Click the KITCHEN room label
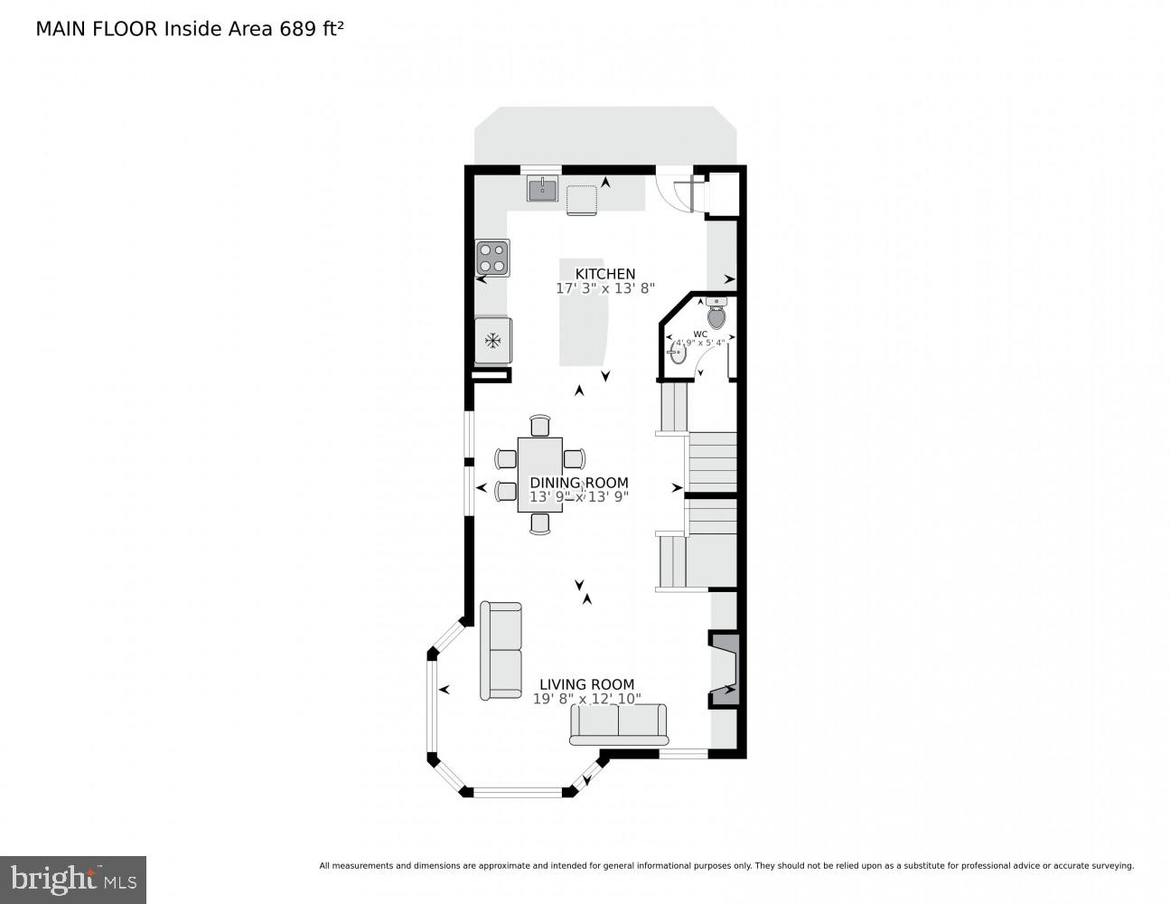pos(605,274)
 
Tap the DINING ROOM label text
pos(578,483)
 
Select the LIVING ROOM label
pos(586,684)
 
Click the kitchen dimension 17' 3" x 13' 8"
pos(605,288)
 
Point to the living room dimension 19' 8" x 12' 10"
pos(586,699)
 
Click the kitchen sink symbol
pos(543,189)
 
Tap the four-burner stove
pos(492,258)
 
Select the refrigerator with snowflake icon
pos(493,341)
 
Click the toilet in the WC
pos(716,315)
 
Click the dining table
pos(540,475)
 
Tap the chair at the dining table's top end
pos(540,425)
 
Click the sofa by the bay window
pos(501,651)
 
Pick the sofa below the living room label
pos(619,724)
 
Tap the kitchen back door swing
pos(679,193)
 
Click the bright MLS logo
pos(72,880)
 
